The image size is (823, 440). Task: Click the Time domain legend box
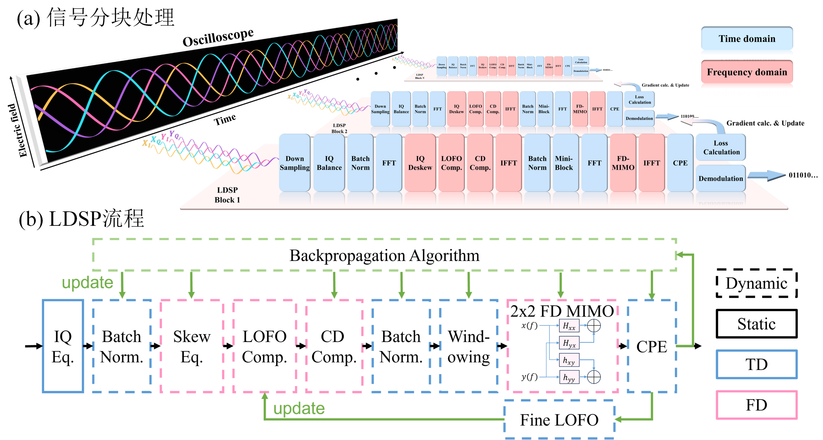click(x=747, y=39)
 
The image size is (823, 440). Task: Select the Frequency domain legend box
click(x=747, y=72)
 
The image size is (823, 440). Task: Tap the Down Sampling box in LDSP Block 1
click(x=295, y=163)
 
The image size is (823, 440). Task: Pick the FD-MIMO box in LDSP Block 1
click(x=623, y=163)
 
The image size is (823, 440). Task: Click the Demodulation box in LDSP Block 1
click(x=721, y=178)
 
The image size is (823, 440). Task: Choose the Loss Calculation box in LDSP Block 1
click(x=721, y=147)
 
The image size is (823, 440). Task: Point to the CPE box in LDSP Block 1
click(x=680, y=163)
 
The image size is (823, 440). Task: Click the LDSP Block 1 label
click(x=227, y=195)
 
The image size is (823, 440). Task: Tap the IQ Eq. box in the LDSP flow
click(x=63, y=346)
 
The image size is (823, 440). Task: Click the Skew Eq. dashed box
click(x=192, y=346)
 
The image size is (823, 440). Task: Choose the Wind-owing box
click(x=468, y=346)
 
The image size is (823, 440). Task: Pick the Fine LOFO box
click(x=559, y=420)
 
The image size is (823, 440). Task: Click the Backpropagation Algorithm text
click(x=384, y=255)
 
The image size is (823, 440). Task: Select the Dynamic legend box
click(x=757, y=283)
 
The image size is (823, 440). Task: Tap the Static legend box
click(x=757, y=324)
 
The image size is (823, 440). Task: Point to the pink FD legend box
click(x=757, y=405)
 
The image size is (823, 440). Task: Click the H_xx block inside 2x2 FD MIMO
click(x=569, y=326)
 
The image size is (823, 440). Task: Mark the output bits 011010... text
click(x=803, y=175)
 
